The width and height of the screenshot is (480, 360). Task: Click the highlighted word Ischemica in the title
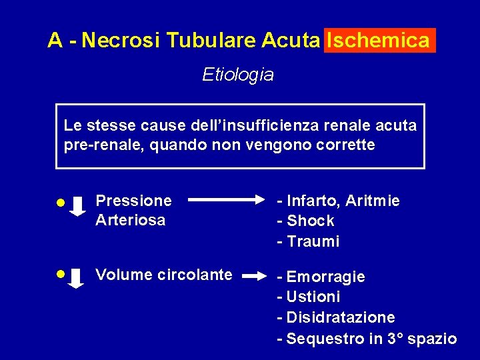[x=379, y=41]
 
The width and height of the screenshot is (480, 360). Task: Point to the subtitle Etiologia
[x=238, y=75]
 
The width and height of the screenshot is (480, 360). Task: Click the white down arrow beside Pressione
[x=78, y=207]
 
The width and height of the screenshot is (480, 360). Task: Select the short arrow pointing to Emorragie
[x=255, y=274]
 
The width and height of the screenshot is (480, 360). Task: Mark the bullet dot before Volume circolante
[x=60, y=273]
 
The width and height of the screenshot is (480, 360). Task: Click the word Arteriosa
[x=130, y=221]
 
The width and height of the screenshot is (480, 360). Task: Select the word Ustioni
[x=313, y=297]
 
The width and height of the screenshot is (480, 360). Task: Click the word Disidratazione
[x=340, y=317]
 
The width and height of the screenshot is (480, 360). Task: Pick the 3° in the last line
[x=395, y=339]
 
